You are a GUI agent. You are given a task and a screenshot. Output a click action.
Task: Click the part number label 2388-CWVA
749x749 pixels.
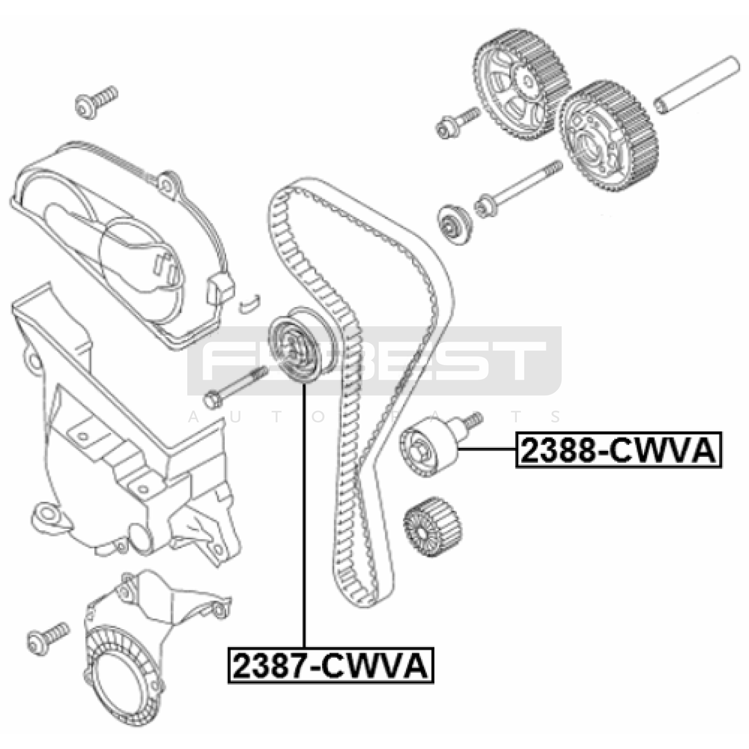(618, 450)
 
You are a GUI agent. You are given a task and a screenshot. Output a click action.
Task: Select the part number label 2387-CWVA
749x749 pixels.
(330, 665)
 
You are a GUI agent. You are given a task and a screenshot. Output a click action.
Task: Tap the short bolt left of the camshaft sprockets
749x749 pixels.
(458, 123)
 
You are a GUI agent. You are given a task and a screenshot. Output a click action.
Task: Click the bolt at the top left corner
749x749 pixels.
(96, 102)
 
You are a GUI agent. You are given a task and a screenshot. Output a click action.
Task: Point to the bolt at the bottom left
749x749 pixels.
(48, 639)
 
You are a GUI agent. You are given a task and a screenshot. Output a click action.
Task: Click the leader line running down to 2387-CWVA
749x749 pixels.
(304, 515)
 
